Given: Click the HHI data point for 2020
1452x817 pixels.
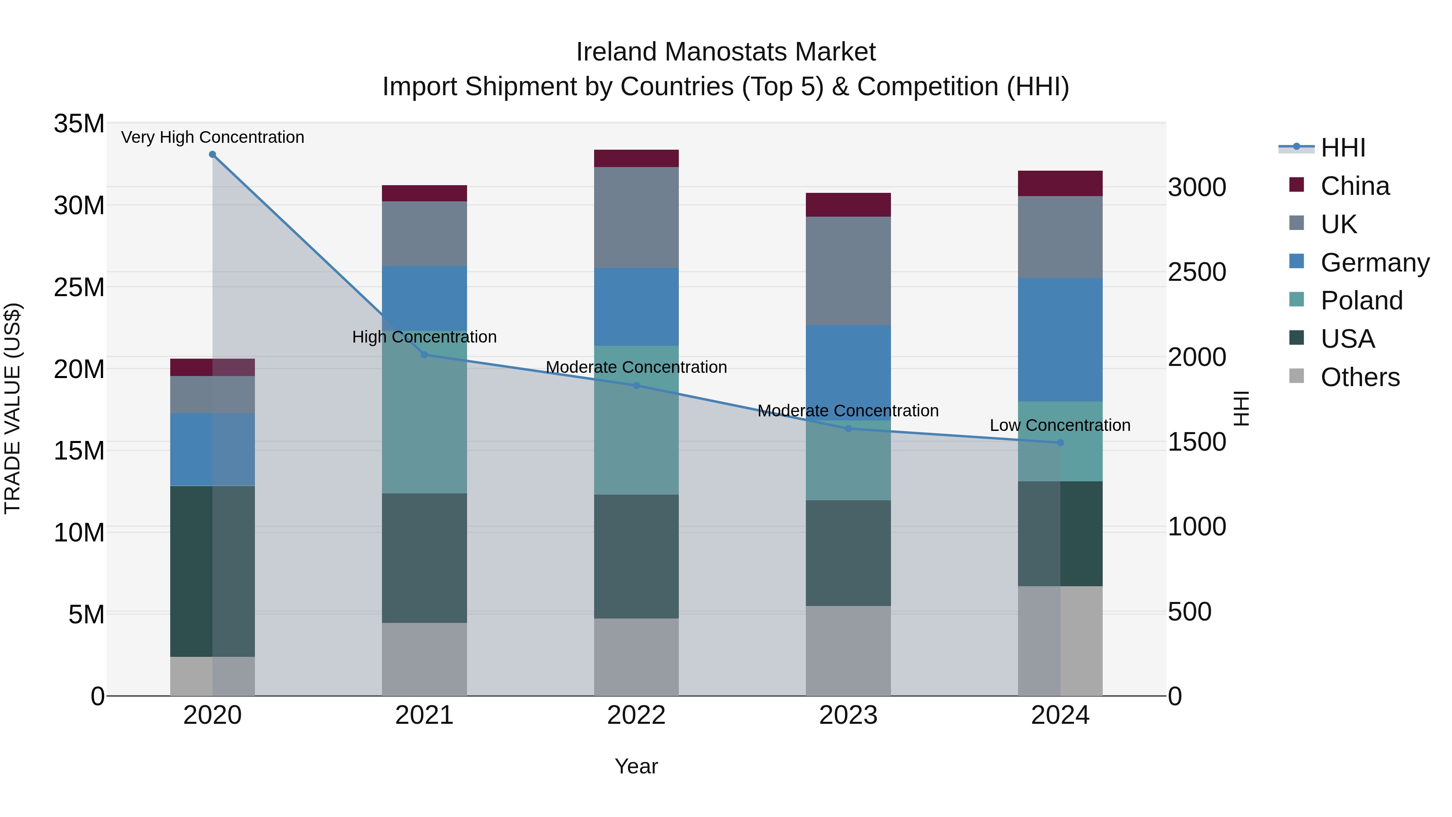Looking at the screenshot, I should tap(213, 155).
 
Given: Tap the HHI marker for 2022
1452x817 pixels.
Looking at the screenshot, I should tap(636, 386).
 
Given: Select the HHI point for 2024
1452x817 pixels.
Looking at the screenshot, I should tap(1060, 443).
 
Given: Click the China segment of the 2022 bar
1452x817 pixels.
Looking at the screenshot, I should tap(636, 159).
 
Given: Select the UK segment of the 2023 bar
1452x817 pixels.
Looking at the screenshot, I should tap(848, 271).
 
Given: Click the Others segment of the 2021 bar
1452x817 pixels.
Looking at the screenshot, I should tap(424, 659).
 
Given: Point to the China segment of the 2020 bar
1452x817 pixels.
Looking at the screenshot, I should tap(213, 367).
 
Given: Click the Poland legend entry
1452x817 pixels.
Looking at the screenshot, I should tap(1361, 301).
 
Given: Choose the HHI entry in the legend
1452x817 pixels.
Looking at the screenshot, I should tap(1343, 148).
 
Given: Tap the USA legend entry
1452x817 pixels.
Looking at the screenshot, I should tap(1347, 339).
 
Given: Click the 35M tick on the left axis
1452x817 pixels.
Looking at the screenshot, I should tap(79, 123).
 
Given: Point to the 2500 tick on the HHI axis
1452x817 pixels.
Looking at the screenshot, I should tap(1197, 272).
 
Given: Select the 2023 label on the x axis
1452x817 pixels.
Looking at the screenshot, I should tap(848, 715).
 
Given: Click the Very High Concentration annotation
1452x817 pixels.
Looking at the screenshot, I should tap(213, 137).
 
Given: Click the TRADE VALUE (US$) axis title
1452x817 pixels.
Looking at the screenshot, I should tap(13, 408).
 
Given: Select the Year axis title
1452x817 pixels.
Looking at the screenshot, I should tap(636, 766).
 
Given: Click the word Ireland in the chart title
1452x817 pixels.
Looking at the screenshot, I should tap(617, 52).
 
